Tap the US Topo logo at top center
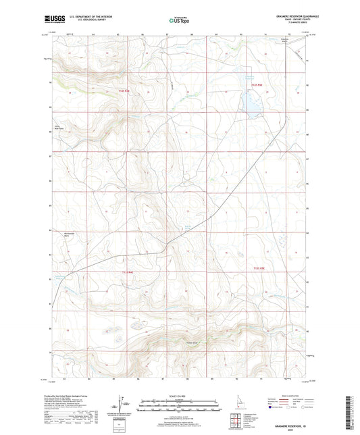point(179,21)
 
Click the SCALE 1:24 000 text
point(179,395)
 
